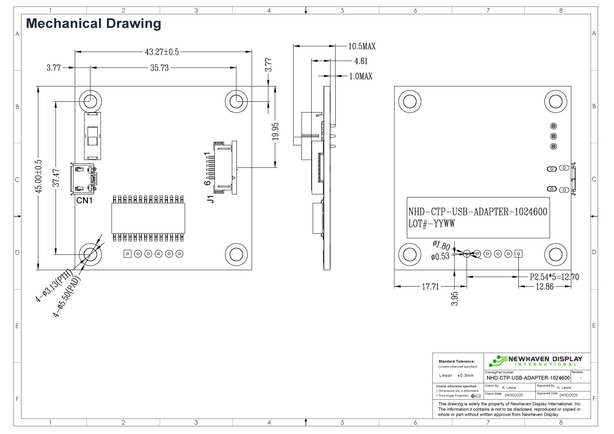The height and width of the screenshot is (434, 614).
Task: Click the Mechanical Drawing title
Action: (94, 24)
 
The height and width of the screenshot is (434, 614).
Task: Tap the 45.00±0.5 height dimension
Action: (38, 177)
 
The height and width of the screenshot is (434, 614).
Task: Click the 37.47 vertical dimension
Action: (56, 178)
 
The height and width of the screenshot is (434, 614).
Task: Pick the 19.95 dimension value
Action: (275, 132)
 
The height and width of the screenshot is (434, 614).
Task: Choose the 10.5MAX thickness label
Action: (362, 46)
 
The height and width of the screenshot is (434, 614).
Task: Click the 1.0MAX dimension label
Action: (360, 76)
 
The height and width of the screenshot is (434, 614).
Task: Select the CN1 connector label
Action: (84, 201)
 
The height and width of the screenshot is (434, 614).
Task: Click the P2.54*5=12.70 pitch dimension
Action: (554, 277)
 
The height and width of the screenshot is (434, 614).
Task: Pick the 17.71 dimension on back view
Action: (430, 287)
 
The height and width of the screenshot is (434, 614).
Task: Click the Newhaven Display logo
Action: (535, 360)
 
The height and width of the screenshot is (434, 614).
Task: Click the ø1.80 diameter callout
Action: (441, 245)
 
